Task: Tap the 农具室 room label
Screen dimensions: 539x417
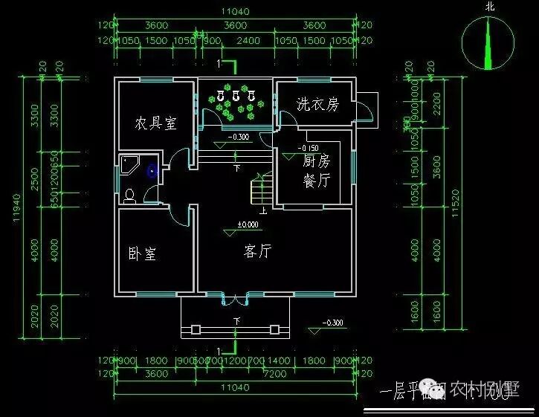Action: click(155, 123)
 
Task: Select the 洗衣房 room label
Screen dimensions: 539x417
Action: click(317, 105)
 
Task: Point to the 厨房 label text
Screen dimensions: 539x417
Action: click(316, 161)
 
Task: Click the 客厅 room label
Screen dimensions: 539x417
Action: click(257, 251)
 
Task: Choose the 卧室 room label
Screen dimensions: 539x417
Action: click(142, 253)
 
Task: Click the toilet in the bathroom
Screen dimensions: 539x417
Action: click(129, 195)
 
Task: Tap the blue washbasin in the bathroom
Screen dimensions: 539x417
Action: click(153, 170)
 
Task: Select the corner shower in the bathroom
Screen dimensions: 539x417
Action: click(130, 165)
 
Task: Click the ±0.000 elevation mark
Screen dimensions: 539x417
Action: click(247, 224)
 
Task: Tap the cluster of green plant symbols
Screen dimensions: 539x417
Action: click(236, 105)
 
